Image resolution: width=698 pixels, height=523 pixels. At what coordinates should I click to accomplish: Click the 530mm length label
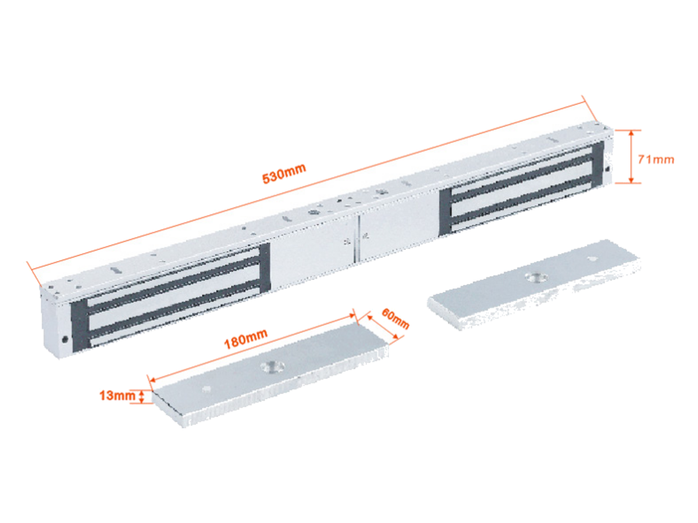point(284,173)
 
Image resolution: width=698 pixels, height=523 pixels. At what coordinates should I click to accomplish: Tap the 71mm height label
point(656,159)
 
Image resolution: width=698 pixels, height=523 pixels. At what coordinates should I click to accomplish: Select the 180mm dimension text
point(245,339)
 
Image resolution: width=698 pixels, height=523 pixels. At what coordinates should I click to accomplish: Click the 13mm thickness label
point(117,396)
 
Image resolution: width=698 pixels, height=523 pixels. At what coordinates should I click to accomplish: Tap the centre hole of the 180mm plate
point(272,367)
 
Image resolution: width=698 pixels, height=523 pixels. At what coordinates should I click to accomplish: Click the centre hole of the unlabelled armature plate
point(536,278)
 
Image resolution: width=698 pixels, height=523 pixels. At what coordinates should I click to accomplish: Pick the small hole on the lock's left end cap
point(65,339)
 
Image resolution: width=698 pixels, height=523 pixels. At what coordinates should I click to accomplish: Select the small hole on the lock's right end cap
point(607,169)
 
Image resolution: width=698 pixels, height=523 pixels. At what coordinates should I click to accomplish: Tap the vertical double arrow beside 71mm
point(632,156)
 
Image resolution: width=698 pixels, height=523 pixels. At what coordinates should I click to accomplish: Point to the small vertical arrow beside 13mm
point(142,396)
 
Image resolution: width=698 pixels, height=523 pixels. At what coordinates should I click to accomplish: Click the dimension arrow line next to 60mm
point(383,327)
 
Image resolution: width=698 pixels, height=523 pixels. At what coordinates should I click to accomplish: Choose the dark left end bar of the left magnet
point(80,325)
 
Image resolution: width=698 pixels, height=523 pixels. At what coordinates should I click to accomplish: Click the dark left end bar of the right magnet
point(445,212)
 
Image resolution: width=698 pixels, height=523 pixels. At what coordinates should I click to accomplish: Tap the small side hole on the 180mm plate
point(207,389)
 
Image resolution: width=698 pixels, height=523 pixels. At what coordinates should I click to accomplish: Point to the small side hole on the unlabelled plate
point(592,259)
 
